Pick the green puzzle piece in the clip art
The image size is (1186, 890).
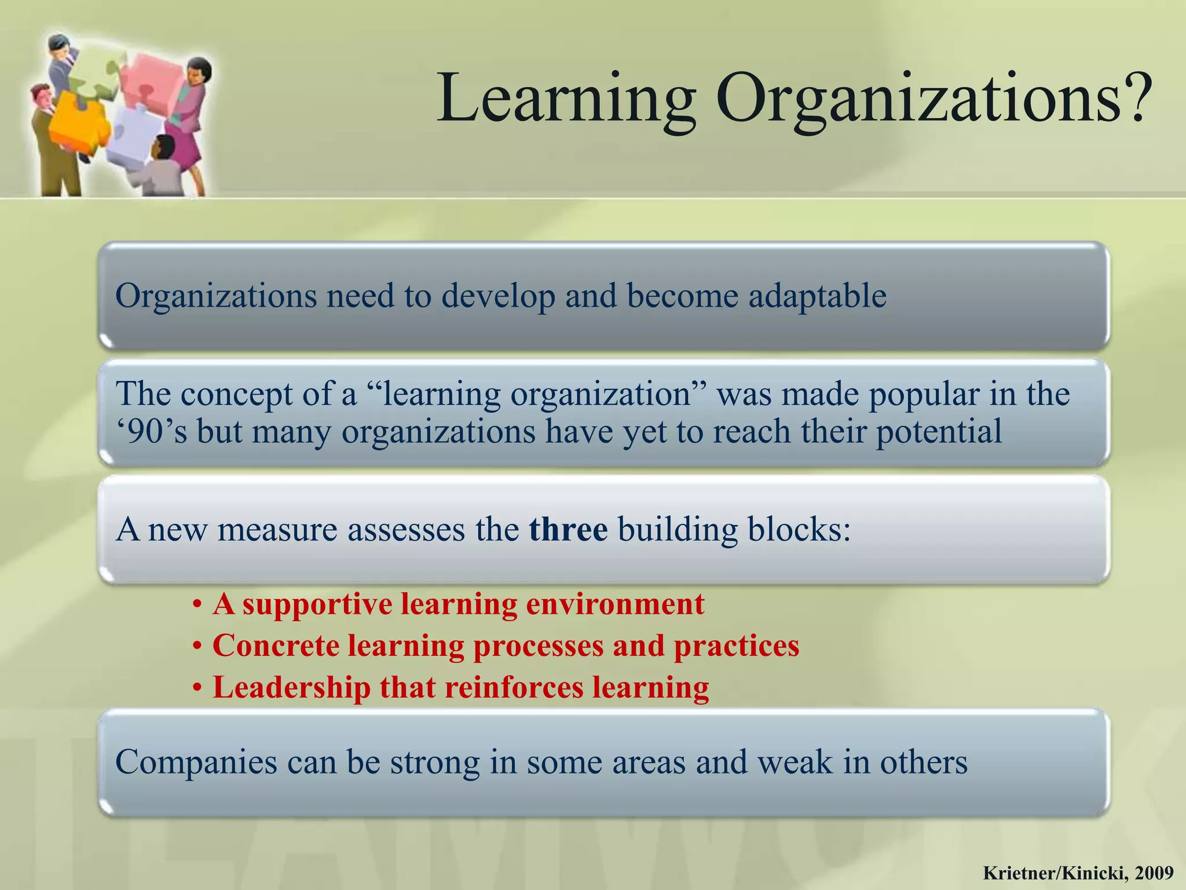coord(96,75)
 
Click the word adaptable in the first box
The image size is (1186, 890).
coord(817,296)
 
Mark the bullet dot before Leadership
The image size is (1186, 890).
coord(197,688)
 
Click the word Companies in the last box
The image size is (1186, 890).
coord(196,762)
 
